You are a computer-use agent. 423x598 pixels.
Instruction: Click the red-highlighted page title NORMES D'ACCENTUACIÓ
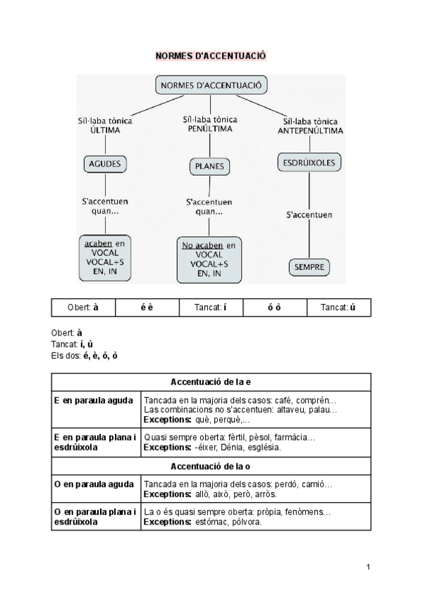tap(211, 56)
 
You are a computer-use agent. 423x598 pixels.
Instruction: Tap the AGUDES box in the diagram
tap(105, 164)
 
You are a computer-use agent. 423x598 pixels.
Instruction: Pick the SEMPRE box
tap(309, 267)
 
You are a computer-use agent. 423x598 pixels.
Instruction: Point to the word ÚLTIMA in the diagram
tap(105, 130)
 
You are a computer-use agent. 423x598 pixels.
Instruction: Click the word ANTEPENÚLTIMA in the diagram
tap(311, 131)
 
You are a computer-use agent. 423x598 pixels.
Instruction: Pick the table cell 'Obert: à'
tap(83, 308)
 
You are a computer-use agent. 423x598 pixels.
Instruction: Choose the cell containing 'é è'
tap(147, 308)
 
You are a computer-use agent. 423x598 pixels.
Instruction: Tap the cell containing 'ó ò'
tap(274, 308)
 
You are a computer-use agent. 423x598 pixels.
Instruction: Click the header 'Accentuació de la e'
tap(211, 382)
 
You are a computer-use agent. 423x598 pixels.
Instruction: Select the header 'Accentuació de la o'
tap(211, 467)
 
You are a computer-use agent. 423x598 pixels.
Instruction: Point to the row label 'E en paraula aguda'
tap(94, 401)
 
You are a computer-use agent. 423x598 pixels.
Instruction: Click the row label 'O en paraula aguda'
tap(94, 484)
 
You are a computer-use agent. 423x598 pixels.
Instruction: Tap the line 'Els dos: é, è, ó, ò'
tap(85, 355)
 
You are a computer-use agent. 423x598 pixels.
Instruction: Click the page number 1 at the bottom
tap(368, 567)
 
